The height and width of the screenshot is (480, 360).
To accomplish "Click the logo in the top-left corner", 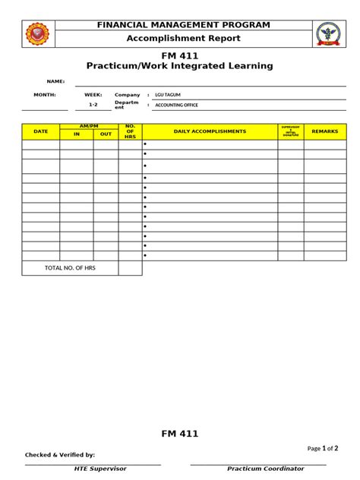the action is (37, 33).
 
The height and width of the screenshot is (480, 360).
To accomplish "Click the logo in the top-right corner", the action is (327, 33).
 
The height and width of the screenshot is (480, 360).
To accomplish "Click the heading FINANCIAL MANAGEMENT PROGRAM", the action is (183, 25).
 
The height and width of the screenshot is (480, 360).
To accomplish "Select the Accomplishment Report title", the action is (183, 38).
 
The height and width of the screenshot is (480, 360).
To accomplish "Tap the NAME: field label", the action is (55, 81).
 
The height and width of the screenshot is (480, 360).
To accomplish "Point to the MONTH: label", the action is (45, 95).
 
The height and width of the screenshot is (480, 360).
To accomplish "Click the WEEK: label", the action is (93, 95).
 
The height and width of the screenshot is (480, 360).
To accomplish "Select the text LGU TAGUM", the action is (167, 95).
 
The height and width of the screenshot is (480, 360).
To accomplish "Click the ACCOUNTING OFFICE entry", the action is (176, 105).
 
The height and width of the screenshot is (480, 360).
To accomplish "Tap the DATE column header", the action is (41, 131).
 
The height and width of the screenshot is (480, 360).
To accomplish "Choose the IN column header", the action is (77, 134).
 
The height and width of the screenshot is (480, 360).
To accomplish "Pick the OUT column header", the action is (106, 134).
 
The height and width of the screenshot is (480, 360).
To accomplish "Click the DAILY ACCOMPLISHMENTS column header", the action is (210, 131).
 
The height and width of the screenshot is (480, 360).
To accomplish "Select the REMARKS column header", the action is (325, 131).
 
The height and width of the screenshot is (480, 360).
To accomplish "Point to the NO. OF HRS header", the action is (130, 131).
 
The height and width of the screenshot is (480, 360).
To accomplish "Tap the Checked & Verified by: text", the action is (60, 455).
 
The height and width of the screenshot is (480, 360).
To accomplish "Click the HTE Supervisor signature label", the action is (100, 469).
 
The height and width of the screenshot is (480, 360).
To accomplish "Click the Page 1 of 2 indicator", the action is (323, 448).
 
